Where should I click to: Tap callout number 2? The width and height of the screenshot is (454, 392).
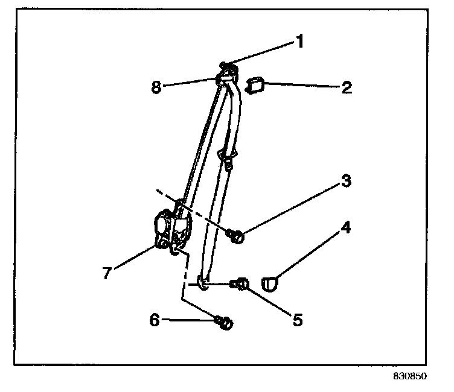[x=347, y=88]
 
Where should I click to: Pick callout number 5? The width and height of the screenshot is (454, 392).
[x=296, y=318]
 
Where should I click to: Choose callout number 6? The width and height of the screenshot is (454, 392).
[x=155, y=320]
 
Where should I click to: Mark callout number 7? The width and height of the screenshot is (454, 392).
[x=106, y=273]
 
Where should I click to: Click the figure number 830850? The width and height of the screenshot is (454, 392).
[x=411, y=375]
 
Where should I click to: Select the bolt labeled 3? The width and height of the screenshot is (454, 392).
[x=235, y=236]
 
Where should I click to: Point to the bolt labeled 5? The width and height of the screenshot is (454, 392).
[x=241, y=282]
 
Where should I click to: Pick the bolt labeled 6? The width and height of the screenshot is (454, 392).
[x=224, y=324]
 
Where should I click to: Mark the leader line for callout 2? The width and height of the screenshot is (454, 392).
[x=302, y=87]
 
